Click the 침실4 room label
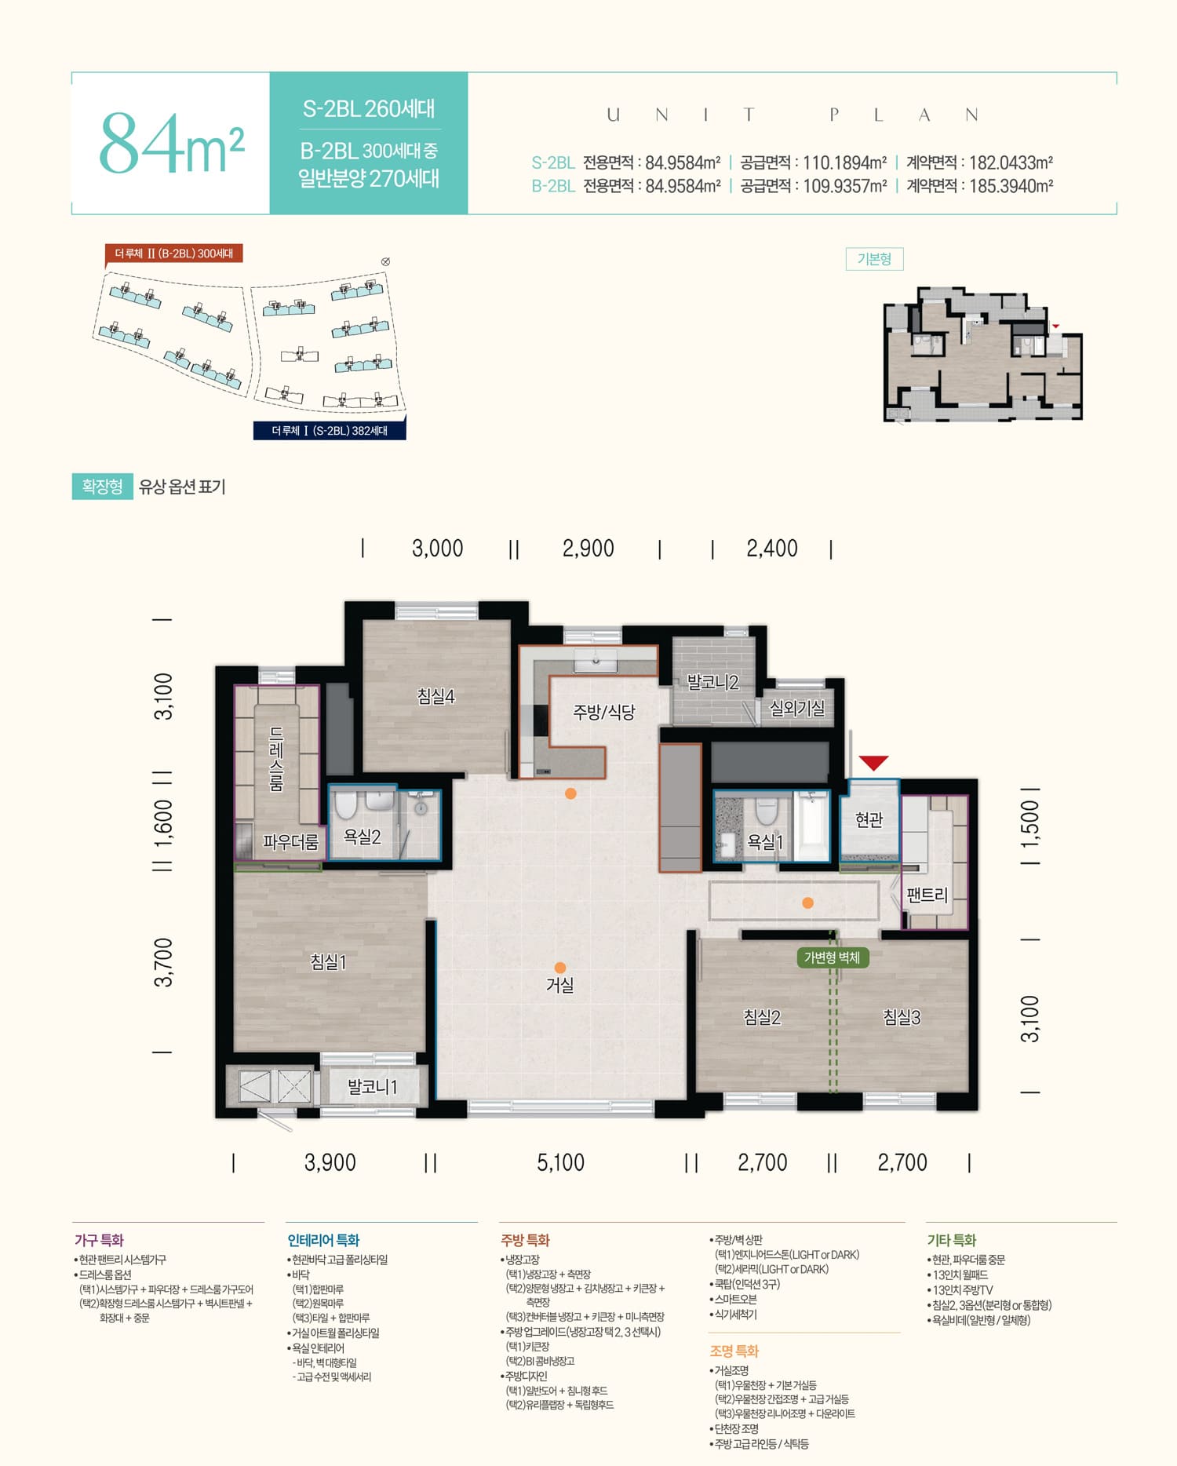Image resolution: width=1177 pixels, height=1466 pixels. (x=435, y=696)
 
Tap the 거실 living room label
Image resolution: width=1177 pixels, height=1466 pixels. (x=559, y=985)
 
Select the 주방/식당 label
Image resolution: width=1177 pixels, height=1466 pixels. (x=603, y=712)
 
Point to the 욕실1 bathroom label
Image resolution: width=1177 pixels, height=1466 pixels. (x=765, y=841)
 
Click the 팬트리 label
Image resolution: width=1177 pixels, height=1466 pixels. (x=927, y=895)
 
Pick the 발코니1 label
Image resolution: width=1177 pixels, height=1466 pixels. (x=372, y=1087)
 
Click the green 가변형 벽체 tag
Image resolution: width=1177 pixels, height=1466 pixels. (x=832, y=957)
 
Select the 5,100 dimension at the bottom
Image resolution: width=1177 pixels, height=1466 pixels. (x=560, y=1162)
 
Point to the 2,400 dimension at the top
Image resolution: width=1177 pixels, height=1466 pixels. (x=771, y=548)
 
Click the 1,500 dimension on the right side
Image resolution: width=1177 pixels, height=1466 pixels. (x=1030, y=822)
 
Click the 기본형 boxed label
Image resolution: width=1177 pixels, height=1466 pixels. (x=874, y=259)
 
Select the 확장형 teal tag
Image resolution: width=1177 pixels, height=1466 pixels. (x=102, y=487)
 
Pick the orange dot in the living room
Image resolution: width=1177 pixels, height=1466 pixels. (x=559, y=968)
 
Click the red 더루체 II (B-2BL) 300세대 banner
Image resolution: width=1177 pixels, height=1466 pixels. (x=173, y=253)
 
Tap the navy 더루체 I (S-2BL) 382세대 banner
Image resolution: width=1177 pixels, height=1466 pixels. (x=330, y=430)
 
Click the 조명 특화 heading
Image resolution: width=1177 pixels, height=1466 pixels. (x=734, y=1351)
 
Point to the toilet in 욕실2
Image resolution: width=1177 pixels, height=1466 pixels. (x=345, y=805)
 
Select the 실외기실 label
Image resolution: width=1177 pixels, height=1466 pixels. (x=797, y=709)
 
